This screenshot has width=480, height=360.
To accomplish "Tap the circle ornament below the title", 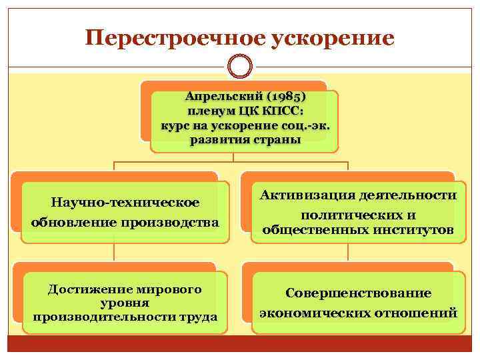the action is [240, 66].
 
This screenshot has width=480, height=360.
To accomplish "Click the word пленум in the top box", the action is [213, 111].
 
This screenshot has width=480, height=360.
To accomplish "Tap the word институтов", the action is [412, 231].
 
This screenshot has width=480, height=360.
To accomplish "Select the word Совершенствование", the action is [359, 293].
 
